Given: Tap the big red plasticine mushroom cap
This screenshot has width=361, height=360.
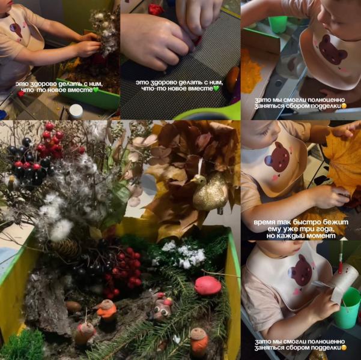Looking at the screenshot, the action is (x=208, y=285).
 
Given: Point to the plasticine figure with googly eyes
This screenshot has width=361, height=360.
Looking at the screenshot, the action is (x=163, y=306).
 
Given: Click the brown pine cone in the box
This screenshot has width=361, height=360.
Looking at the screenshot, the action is (x=65, y=248).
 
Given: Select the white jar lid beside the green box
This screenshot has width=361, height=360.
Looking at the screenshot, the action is (x=76, y=111).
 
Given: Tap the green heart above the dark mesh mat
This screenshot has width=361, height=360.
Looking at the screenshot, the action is (x=216, y=89).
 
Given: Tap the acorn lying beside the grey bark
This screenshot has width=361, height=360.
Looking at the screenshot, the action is (x=73, y=307).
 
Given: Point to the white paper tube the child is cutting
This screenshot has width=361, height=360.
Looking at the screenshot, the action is (x=342, y=283).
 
